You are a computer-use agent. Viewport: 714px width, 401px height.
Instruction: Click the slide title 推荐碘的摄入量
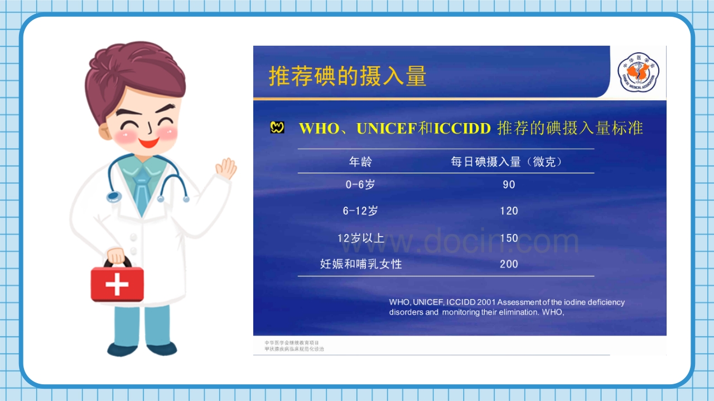pos(348,76)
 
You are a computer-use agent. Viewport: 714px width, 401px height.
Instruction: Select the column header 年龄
pos(360,162)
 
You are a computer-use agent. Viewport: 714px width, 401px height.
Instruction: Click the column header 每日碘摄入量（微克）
pos(506,162)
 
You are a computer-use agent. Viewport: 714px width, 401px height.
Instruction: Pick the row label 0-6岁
pos(360,184)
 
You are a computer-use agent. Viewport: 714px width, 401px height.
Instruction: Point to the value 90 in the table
pos(509,184)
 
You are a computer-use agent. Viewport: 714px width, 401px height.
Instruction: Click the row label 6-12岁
pos(360,211)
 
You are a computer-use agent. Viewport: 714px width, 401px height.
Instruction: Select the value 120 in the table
pos(509,211)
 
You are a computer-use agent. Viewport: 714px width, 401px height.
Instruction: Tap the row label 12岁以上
pos(360,238)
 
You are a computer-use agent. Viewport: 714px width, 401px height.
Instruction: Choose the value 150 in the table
pos(509,238)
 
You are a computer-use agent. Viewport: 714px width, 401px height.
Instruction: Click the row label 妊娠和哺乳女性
pos(361,264)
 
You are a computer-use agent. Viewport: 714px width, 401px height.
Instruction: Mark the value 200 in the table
pos(509,264)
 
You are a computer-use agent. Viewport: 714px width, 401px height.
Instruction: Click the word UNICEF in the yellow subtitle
pos(386,129)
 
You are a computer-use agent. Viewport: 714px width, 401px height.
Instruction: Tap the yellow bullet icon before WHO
pos(277,128)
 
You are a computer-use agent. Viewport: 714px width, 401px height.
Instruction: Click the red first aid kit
pos(117,283)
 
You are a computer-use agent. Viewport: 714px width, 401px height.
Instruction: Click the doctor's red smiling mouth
pos(149,142)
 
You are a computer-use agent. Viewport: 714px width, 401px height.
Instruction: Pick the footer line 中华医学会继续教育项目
pos(292,343)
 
